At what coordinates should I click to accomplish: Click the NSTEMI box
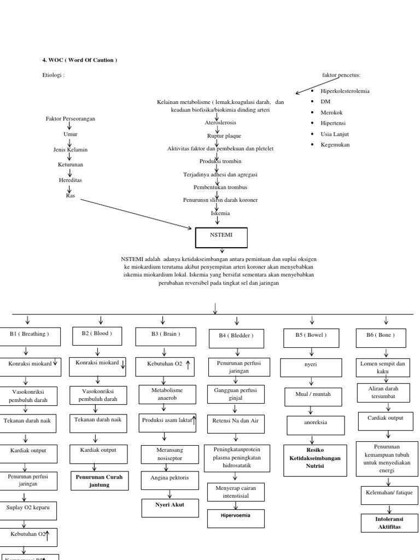click(x=221, y=237)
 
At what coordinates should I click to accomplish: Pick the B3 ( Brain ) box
click(x=165, y=334)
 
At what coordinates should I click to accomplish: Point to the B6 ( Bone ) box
click(x=381, y=336)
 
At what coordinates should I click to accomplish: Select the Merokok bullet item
click(x=330, y=112)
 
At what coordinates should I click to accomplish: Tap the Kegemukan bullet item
click(x=334, y=145)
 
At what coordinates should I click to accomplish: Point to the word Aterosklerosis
click(x=220, y=123)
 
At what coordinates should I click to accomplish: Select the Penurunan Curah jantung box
click(x=99, y=481)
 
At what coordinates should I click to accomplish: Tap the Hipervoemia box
click(x=236, y=517)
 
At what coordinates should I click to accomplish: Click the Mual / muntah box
click(x=310, y=395)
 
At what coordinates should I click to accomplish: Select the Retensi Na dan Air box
click(x=236, y=421)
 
